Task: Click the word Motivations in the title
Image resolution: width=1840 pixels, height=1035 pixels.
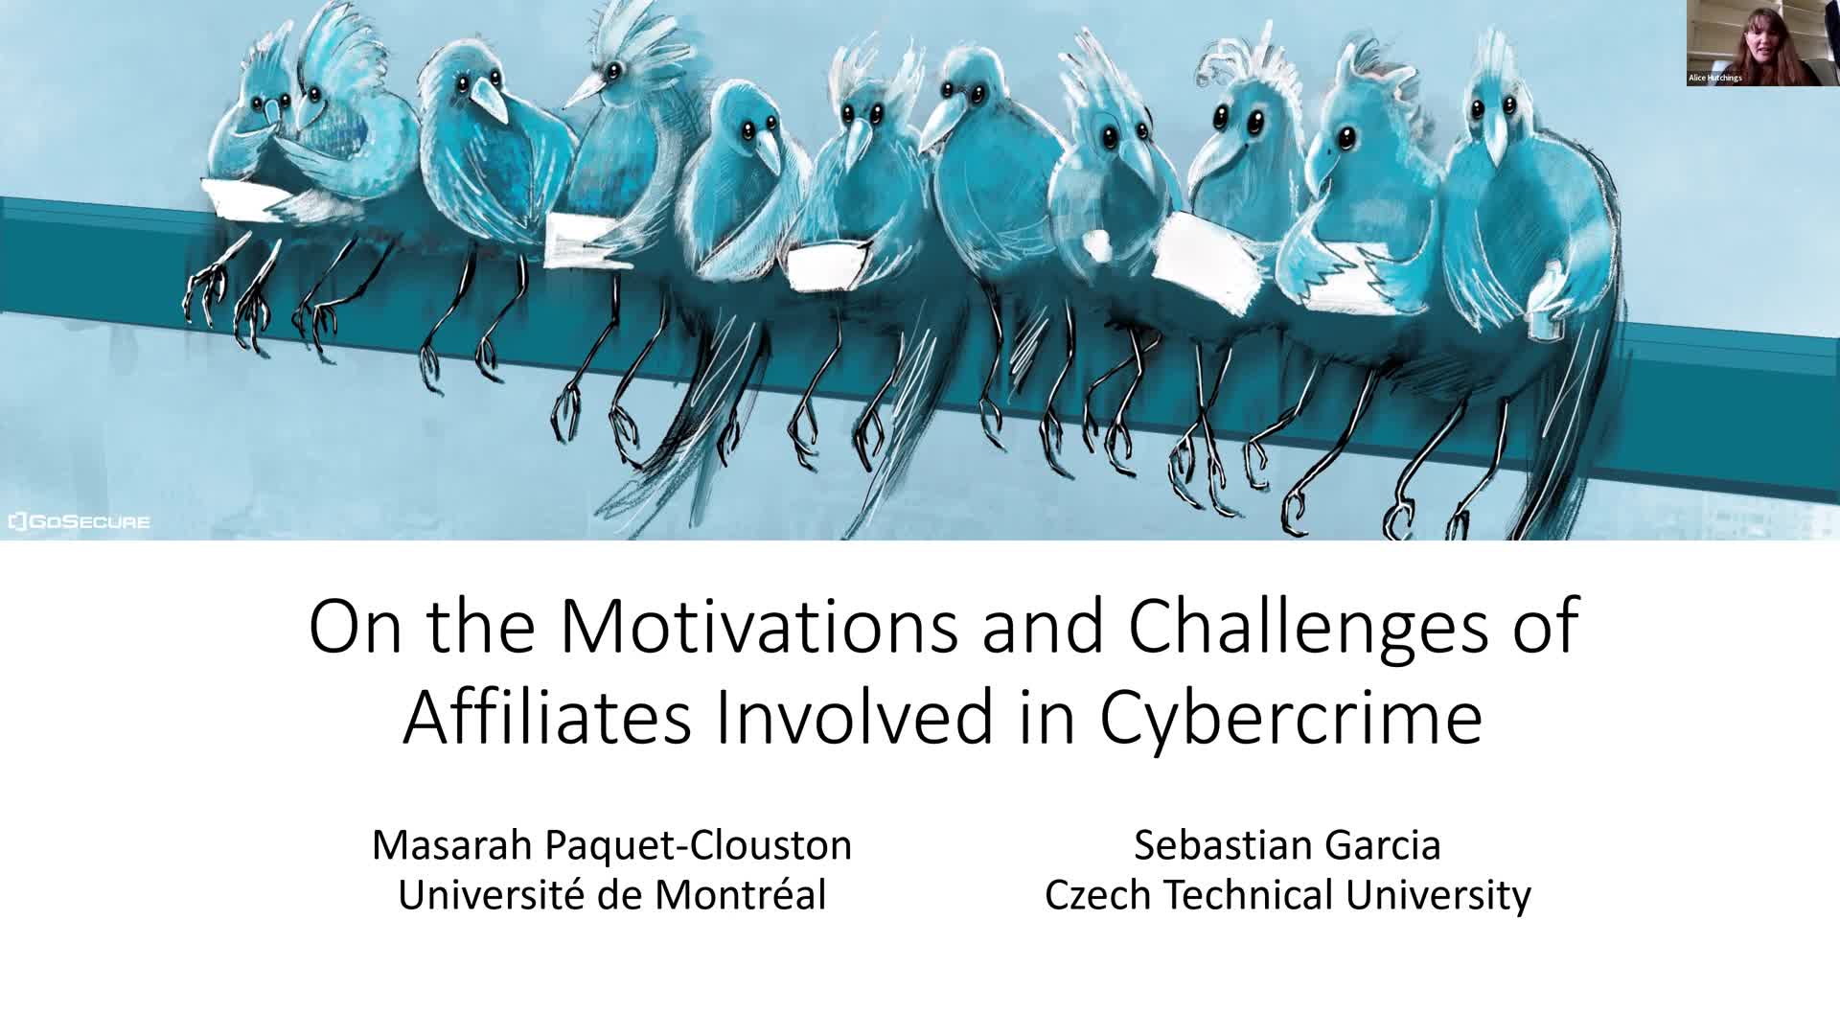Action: (x=758, y=627)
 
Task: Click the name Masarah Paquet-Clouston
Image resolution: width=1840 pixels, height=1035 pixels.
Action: (x=611, y=845)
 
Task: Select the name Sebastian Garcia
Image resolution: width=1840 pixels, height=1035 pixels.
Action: (x=1287, y=845)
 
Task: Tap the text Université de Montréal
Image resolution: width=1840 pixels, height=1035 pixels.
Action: (x=611, y=895)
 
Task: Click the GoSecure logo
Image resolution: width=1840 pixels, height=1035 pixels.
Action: (x=79, y=522)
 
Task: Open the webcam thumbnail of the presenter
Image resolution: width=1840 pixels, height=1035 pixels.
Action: (x=1763, y=43)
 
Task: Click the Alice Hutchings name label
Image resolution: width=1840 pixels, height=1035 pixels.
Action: (x=1715, y=78)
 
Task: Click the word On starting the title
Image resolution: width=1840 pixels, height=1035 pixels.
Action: (x=355, y=627)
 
